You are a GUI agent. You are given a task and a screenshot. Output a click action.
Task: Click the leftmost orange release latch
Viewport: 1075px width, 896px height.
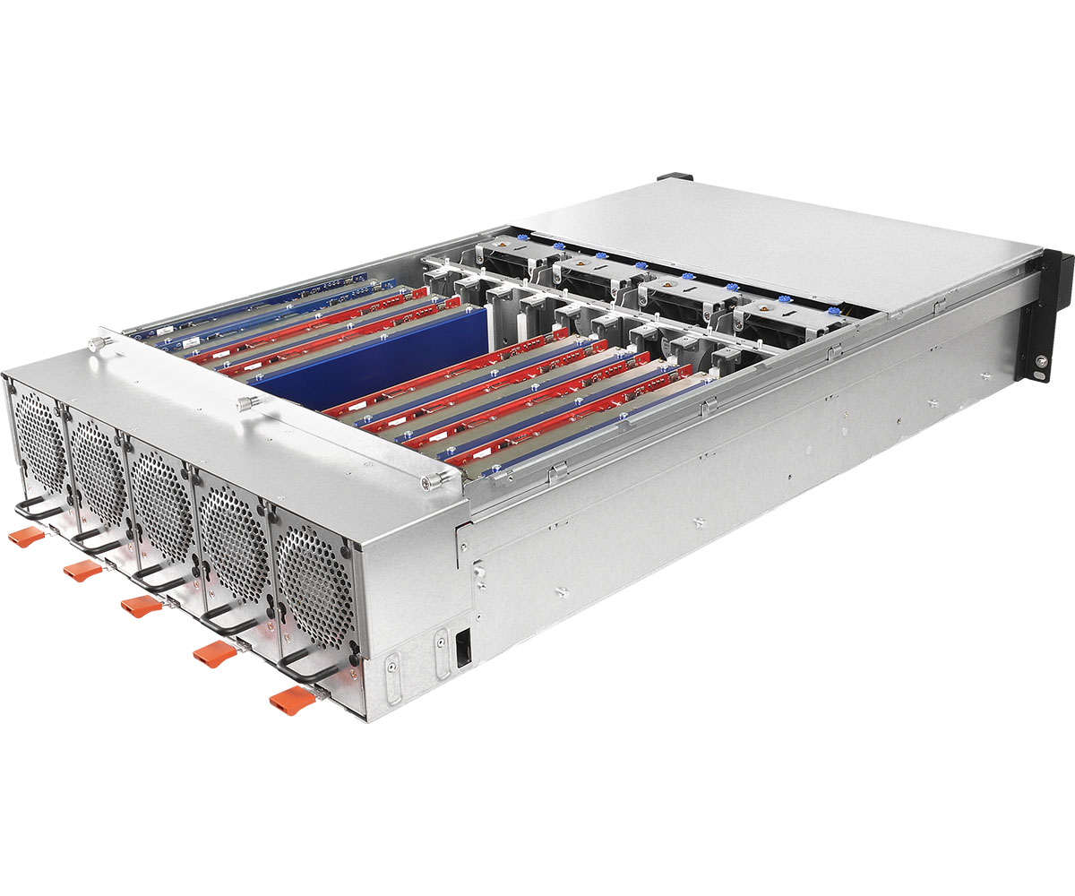click(26, 537)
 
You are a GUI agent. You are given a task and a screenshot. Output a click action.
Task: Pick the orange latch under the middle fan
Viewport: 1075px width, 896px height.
click(142, 607)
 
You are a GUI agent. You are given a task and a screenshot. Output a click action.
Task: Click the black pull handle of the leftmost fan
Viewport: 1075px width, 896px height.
click(36, 510)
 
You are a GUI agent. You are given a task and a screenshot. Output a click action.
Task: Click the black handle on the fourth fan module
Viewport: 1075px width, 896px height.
click(228, 618)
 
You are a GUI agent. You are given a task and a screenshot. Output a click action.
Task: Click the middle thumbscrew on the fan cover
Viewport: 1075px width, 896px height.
click(243, 404)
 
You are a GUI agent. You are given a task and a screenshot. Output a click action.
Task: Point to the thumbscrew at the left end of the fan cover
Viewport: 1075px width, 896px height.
click(94, 342)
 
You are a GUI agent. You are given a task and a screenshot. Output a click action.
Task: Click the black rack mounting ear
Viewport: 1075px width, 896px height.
click(1048, 314)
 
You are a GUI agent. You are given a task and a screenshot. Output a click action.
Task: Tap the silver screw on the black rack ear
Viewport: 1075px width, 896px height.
click(1039, 362)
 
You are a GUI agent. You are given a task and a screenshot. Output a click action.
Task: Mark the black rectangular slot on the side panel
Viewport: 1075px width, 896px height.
click(462, 648)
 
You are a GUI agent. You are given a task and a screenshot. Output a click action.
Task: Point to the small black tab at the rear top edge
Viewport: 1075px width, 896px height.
click(673, 177)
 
